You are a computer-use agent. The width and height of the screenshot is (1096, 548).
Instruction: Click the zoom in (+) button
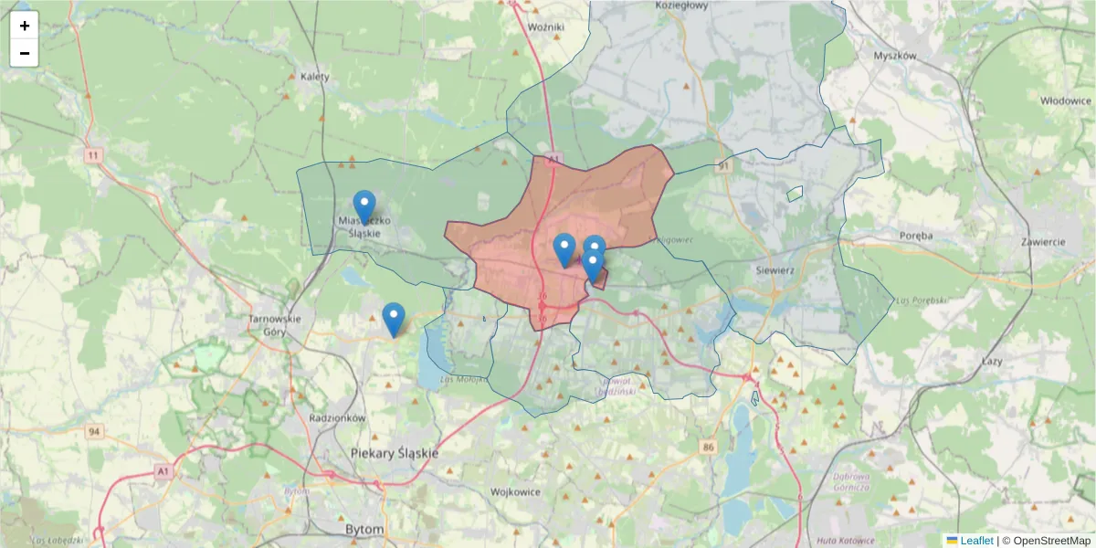point(25,26)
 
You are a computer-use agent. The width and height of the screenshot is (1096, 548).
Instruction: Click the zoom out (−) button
point(25,53)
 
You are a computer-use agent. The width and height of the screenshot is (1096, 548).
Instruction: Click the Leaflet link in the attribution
point(975,541)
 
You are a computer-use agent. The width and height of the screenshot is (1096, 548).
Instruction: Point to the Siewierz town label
point(775,271)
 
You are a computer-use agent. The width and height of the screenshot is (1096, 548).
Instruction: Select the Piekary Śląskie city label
point(395,453)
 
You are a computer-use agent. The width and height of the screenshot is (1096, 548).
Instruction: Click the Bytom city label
point(364,530)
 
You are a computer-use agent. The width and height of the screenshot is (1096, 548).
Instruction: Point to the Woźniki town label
point(546,27)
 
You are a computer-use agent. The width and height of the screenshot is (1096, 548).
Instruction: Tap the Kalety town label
point(314,77)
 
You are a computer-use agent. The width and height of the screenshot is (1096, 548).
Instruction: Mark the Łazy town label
point(991,362)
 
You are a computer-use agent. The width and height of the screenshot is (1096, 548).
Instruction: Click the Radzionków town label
point(337,417)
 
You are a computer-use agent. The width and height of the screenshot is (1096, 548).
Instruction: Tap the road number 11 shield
point(93,156)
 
